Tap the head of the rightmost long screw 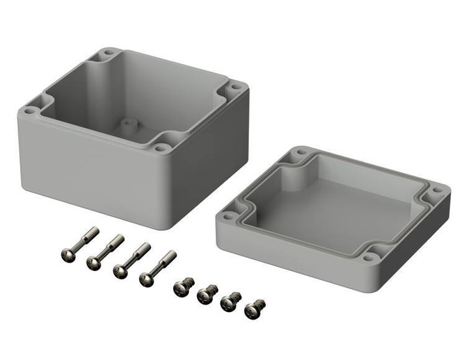click(146, 279)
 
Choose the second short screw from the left click(205, 294)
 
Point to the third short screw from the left click(230, 301)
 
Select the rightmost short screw click(255, 307)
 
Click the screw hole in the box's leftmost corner click(29, 108)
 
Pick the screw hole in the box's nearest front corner click(161, 147)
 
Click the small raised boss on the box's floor click(127, 126)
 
